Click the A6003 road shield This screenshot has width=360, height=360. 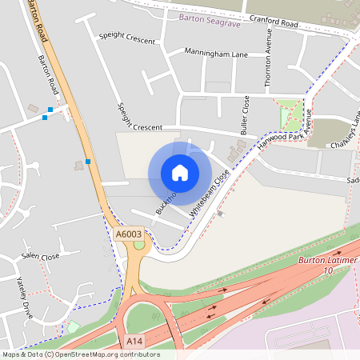(x=128, y=234)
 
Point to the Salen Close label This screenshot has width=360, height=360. (x=41, y=258)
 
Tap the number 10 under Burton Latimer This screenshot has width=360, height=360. (x=326, y=271)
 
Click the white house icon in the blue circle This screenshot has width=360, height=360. (x=180, y=173)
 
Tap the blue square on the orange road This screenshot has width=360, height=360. (x=88, y=162)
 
